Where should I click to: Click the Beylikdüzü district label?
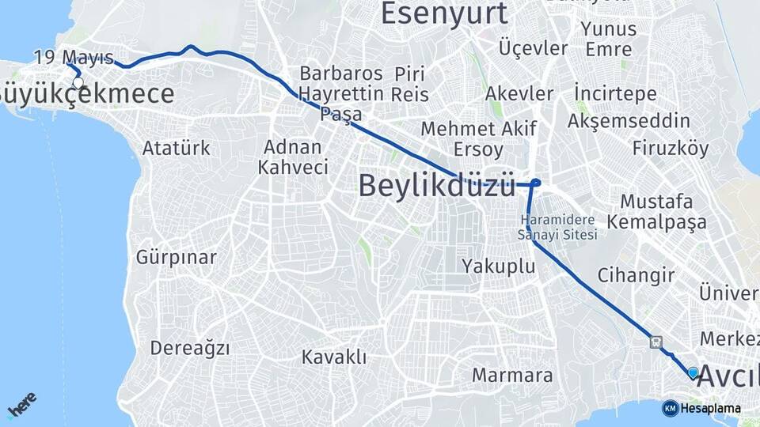pyautogui.click(x=437, y=185)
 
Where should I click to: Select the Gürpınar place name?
pyautogui.click(x=176, y=257)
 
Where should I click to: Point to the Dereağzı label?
pyautogui.click(x=190, y=348)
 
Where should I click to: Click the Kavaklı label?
pyautogui.click(x=334, y=357)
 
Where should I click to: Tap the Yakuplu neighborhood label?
pyautogui.click(x=499, y=266)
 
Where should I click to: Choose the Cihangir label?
pyautogui.click(x=636, y=276)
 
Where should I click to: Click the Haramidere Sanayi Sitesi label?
pyautogui.click(x=558, y=227)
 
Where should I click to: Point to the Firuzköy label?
pyautogui.click(x=671, y=148)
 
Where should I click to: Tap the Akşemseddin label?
pyautogui.click(x=629, y=121)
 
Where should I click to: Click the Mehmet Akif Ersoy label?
pyautogui.click(x=478, y=138)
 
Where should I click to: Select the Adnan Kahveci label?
pyautogui.click(x=293, y=157)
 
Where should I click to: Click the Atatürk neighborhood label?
pyautogui.click(x=177, y=148)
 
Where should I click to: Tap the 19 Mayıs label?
pyautogui.click(x=74, y=57)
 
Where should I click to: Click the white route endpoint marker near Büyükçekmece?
pyautogui.click(x=78, y=82)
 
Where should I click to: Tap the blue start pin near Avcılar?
pyautogui.click(x=693, y=372)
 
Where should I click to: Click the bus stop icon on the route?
pyautogui.click(x=655, y=342)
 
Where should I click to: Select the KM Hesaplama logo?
pyautogui.click(x=701, y=408)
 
